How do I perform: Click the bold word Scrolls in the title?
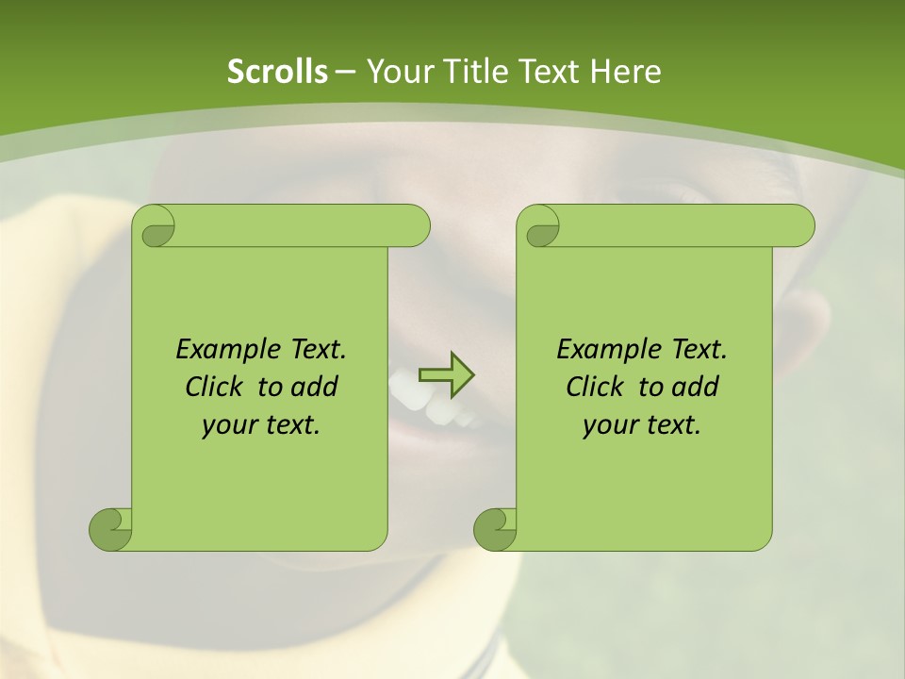(x=278, y=72)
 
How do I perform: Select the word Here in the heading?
(x=626, y=72)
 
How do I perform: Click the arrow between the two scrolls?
(x=446, y=373)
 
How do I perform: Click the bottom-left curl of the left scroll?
(x=109, y=528)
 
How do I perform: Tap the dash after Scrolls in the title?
(x=346, y=72)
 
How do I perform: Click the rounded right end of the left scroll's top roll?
(x=415, y=226)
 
